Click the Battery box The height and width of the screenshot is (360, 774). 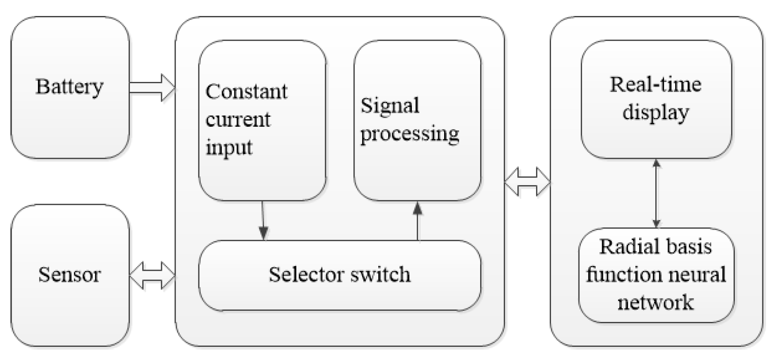tap(70, 87)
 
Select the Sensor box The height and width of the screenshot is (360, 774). tap(70, 275)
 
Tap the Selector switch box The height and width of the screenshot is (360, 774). tap(340, 275)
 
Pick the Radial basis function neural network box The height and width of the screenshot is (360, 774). tap(656, 275)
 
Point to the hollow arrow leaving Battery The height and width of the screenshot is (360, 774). tap(152, 87)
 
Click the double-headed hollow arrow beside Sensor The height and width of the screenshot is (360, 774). tap(152, 275)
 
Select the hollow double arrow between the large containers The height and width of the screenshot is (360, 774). tap(527, 182)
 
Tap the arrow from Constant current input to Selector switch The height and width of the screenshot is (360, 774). tap(263, 220)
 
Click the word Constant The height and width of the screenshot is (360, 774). tap(246, 92)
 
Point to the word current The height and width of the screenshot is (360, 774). tap(238, 120)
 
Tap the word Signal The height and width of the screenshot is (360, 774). tap(390, 106)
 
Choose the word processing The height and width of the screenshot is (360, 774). tap(409, 134)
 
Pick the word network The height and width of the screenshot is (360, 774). tap(656, 302)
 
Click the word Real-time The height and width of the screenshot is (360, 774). tap(656, 85)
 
